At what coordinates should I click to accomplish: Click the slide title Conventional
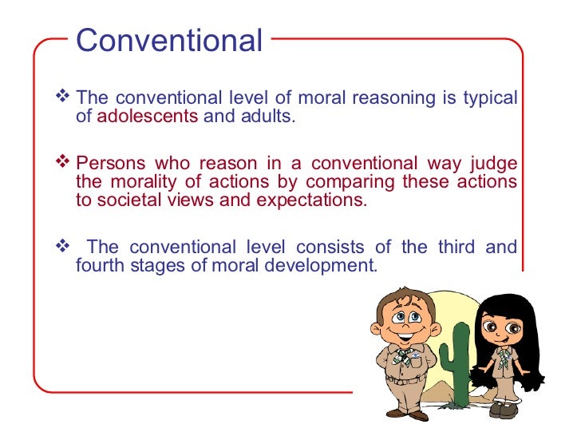pos(169,41)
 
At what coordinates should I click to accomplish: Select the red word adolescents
pos(147,117)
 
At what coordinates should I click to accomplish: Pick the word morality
pos(138,181)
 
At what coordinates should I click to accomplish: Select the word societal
pos(127,200)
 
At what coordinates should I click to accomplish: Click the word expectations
pos(311,200)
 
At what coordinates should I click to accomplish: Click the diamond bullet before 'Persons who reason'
pos(65,163)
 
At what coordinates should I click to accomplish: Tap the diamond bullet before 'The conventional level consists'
pos(65,246)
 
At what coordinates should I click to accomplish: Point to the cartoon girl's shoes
pos(506,409)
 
